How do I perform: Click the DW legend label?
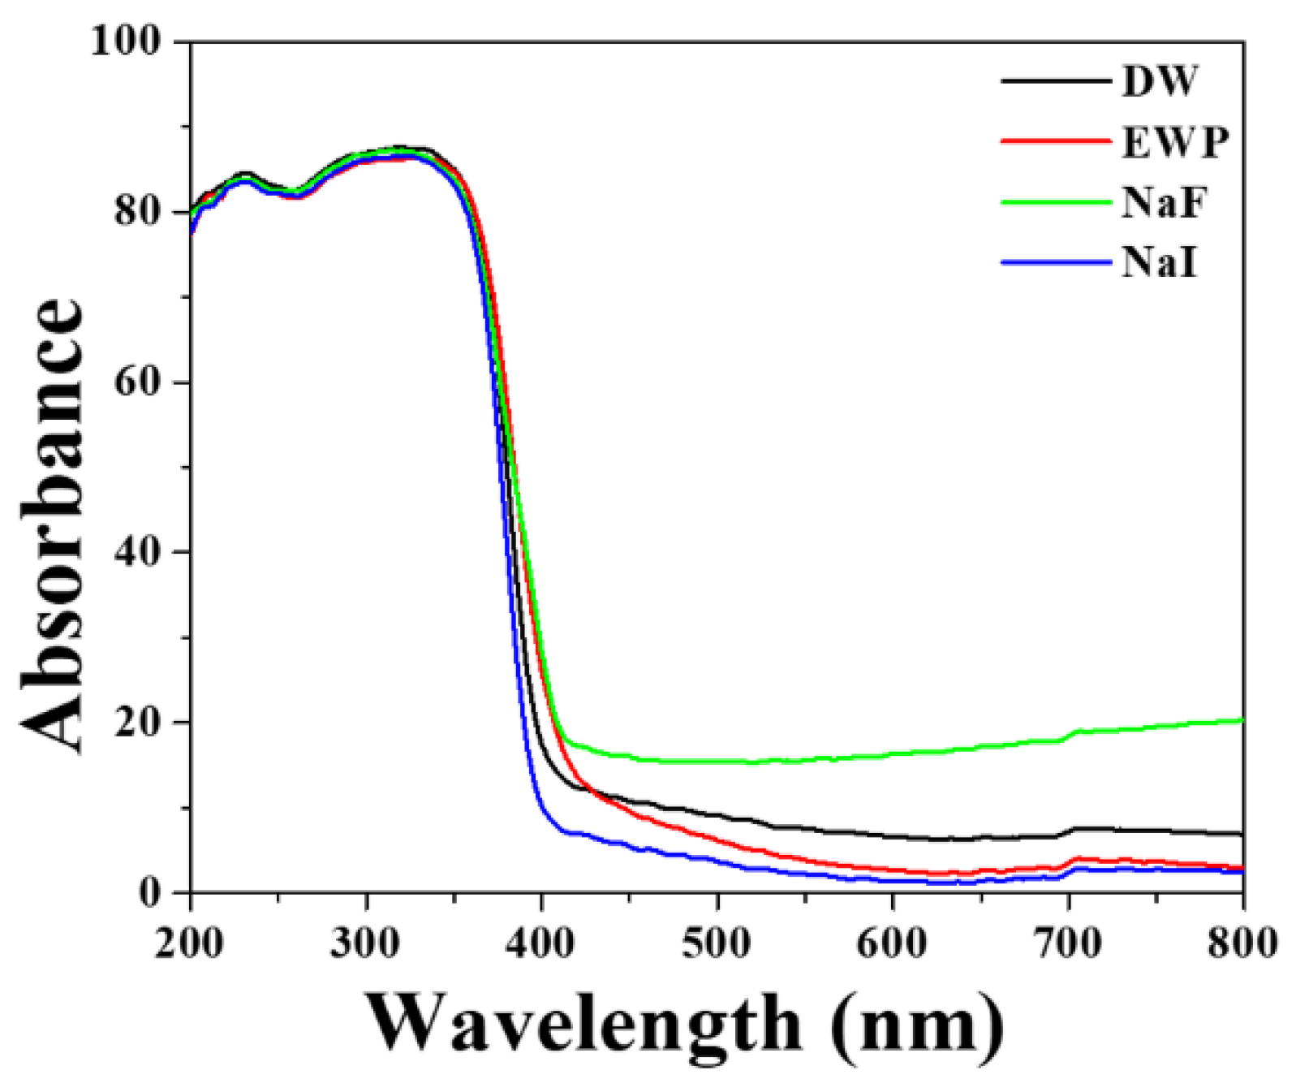click(x=1159, y=80)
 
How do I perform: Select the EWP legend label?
click(x=1175, y=141)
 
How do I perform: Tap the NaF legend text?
click(x=1164, y=202)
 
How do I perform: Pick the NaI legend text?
click(x=1159, y=263)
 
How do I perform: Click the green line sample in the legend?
click(x=1055, y=202)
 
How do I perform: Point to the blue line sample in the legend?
click(x=1055, y=262)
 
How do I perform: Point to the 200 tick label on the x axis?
click(x=190, y=943)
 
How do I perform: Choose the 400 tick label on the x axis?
click(x=541, y=943)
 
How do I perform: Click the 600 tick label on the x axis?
click(x=893, y=943)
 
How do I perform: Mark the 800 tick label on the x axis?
click(x=1242, y=943)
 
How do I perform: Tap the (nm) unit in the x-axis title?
click(x=917, y=1025)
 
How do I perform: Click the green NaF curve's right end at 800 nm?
click(x=1240, y=720)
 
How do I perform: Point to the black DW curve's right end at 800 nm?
click(x=1240, y=834)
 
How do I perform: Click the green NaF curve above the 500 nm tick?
click(x=717, y=762)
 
